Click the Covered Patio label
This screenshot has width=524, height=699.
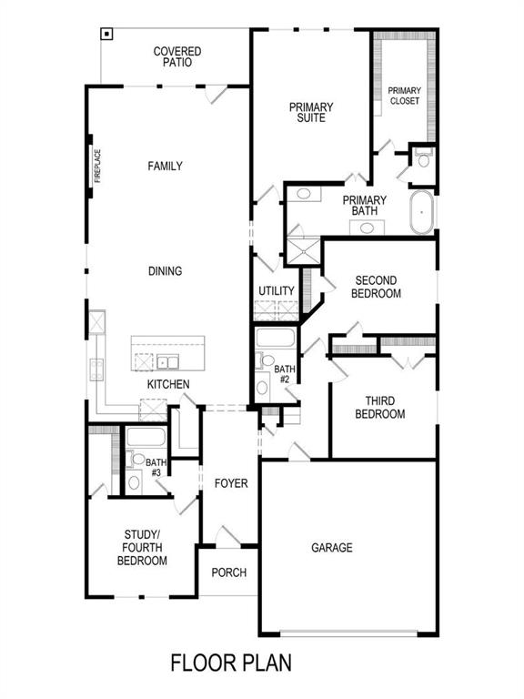[176, 57]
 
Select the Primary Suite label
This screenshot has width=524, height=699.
[311, 112]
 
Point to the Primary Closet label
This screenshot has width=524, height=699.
[404, 96]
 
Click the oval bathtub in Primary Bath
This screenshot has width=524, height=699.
[421, 211]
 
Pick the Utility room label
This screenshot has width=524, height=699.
[277, 291]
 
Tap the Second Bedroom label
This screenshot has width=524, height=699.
[378, 287]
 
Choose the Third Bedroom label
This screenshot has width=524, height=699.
[385, 407]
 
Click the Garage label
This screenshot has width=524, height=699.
[332, 548]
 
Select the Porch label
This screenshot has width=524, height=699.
[228, 572]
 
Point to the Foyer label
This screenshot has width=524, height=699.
[231, 483]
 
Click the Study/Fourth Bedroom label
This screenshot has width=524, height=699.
[142, 548]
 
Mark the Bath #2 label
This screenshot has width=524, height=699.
[282, 374]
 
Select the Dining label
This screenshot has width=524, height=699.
[166, 271]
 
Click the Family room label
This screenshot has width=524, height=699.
[166, 167]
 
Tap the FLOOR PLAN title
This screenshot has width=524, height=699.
[231, 662]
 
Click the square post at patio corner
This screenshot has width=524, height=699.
[107, 35]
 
